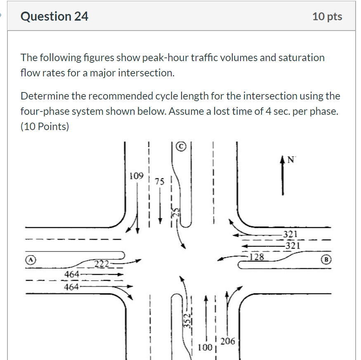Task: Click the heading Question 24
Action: click(54, 16)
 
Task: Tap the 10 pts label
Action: click(327, 16)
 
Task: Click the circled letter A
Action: click(31, 260)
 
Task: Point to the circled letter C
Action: click(181, 146)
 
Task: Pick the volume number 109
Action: click(136, 176)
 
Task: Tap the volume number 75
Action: click(160, 182)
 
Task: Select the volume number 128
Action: click(257, 257)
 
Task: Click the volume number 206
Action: click(228, 341)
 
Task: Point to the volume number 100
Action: click(205, 347)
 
